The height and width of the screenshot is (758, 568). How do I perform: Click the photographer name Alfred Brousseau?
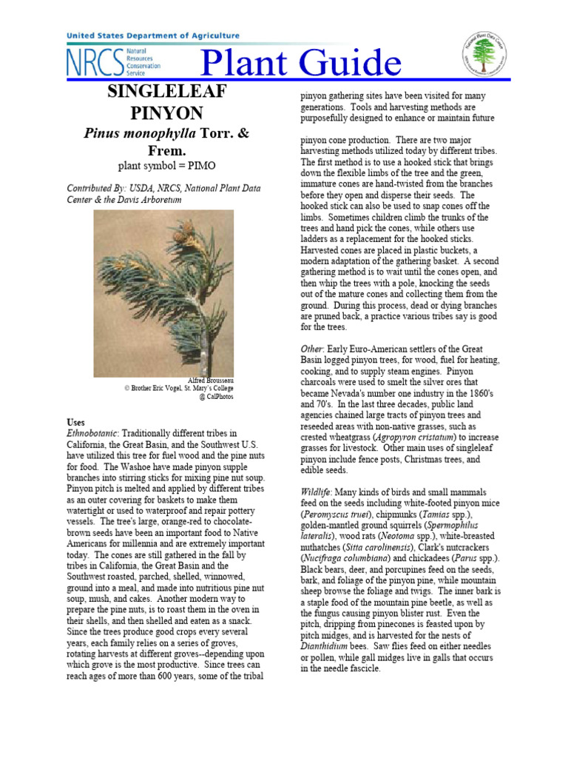pos(211,380)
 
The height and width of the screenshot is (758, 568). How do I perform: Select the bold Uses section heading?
pos(75,422)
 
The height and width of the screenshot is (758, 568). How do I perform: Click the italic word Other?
pos(311,349)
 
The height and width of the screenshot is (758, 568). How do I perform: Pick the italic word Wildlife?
pos(319,492)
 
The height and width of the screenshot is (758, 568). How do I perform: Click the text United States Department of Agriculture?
pos(153,36)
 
